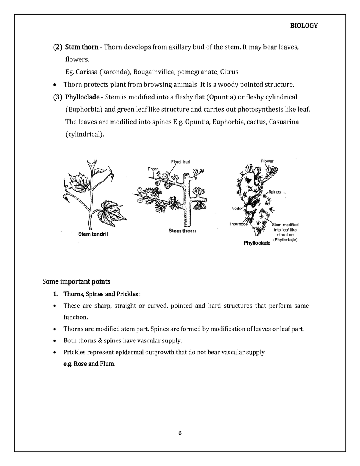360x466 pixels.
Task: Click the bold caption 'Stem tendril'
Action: point(93,234)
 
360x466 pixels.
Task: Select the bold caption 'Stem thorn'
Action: point(182,231)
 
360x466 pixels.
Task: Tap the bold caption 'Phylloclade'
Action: point(257,243)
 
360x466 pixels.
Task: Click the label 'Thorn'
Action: point(153,169)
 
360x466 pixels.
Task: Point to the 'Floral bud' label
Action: point(180,162)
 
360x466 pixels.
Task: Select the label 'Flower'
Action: point(268,161)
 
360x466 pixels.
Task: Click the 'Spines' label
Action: point(274,191)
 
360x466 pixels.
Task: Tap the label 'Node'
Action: point(236,208)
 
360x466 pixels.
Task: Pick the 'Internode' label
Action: point(239,224)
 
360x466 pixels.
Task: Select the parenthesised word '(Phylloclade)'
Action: point(285,240)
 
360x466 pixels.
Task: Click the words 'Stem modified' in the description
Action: point(285,225)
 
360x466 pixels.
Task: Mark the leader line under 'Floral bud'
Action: point(173,169)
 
